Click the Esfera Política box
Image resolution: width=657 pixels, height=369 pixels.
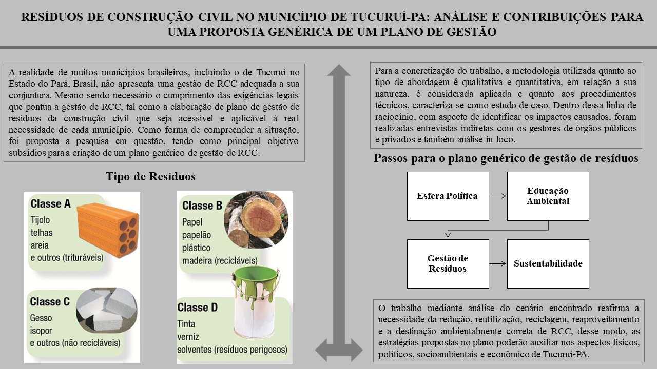[448, 196]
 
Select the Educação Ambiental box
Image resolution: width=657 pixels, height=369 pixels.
[548, 196]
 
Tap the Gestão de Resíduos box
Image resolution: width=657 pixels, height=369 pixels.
[448, 263]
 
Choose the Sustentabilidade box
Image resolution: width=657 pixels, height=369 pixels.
[548, 263]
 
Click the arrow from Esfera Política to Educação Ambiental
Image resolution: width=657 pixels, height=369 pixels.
[498, 196]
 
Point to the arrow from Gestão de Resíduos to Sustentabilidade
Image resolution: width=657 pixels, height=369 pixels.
[498, 263]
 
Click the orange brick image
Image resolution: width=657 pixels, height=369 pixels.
[107, 229]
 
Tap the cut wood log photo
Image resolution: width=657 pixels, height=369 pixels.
[257, 219]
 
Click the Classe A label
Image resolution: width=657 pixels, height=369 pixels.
[50, 204]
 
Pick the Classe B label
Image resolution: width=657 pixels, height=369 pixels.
[202, 206]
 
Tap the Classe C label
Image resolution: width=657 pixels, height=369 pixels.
[50, 302]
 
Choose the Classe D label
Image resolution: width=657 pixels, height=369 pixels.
[198, 307]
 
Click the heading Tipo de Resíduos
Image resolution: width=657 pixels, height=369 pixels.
[150, 177]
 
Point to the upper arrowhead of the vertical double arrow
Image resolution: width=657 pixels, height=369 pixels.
[339, 71]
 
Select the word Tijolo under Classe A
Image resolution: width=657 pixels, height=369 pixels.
[40, 220]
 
